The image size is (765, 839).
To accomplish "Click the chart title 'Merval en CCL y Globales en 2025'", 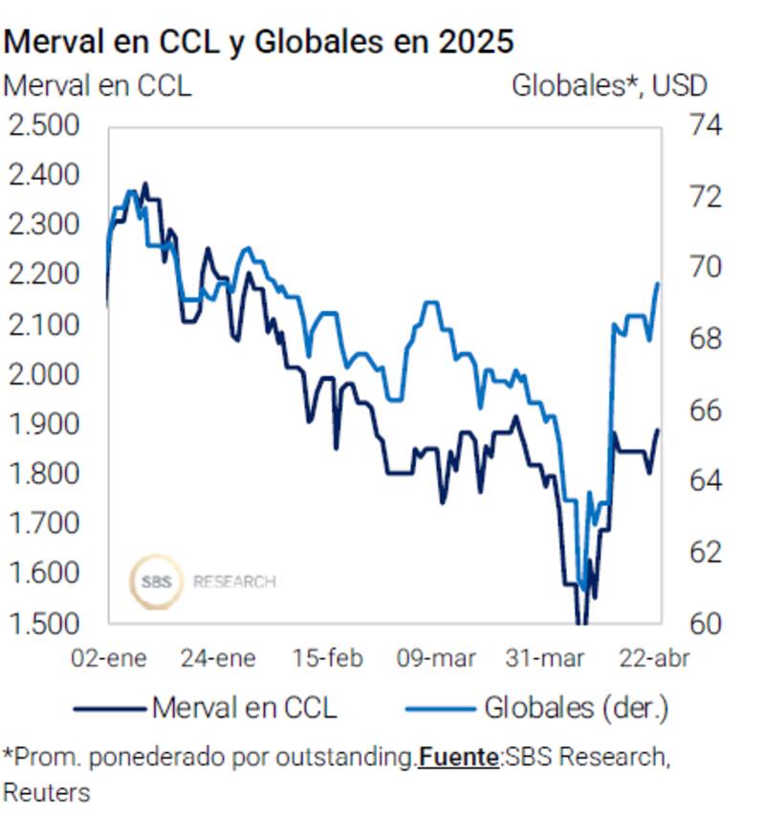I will click(258, 42).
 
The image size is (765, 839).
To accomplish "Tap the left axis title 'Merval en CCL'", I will click(98, 85).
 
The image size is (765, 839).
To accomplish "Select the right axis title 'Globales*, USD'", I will click(609, 85).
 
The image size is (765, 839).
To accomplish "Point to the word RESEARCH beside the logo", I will click(234, 582).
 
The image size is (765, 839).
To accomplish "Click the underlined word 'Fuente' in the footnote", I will click(458, 758).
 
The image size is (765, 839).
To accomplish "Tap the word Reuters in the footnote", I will click(47, 793).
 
